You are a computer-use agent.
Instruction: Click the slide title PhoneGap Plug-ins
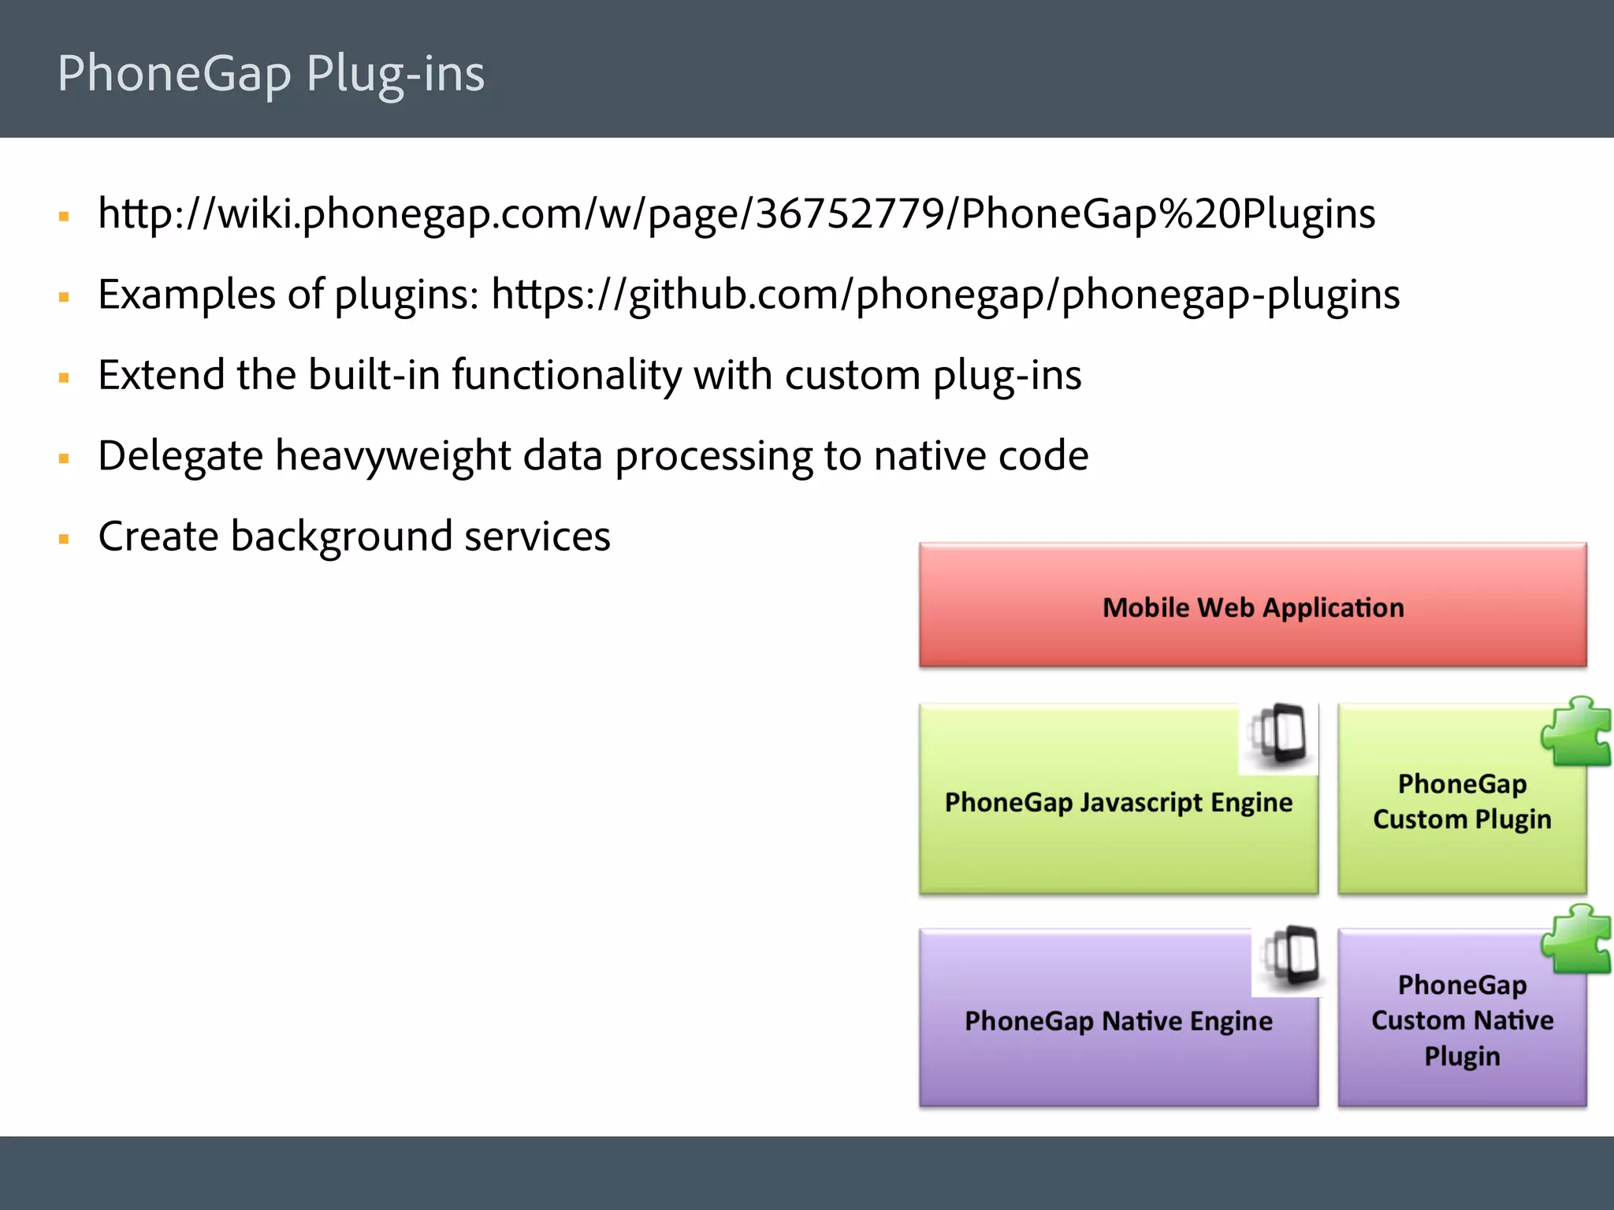(x=270, y=73)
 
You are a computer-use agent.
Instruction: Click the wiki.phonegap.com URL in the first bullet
(x=736, y=214)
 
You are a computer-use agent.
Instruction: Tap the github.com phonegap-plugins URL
(x=945, y=295)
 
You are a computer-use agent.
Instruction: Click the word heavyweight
(x=393, y=456)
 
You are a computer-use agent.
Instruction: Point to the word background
(x=341, y=537)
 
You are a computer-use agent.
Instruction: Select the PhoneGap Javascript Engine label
(x=1118, y=802)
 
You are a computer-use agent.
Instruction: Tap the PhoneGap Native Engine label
(x=1118, y=1021)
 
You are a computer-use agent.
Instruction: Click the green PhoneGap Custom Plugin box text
(x=1462, y=801)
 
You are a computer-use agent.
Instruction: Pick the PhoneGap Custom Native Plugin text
(x=1462, y=1020)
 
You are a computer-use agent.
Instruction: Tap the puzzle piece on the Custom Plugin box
(x=1577, y=732)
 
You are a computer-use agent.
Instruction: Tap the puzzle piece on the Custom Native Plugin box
(x=1577, y=940)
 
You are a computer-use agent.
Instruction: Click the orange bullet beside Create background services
(x=65, y=540)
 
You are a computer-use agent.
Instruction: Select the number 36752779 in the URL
(x=850, y=214)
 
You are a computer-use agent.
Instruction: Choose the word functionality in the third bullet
(x=566, y=375)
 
